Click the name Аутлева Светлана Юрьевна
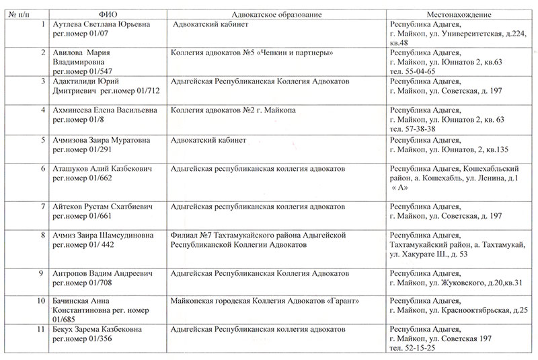tap(102, 24)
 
